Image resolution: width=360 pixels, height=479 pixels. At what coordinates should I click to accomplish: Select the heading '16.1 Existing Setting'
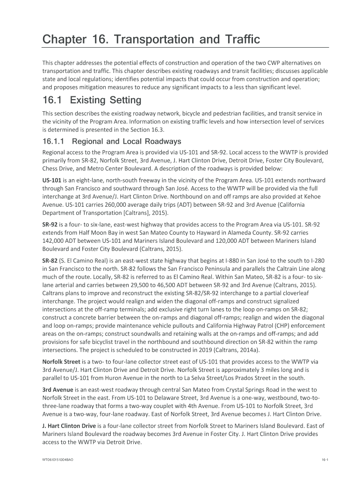pos(92,100)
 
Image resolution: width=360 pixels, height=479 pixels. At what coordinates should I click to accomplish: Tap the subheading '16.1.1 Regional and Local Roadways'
pos(112,141)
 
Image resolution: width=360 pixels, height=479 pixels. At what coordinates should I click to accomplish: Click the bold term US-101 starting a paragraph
pos(52,180)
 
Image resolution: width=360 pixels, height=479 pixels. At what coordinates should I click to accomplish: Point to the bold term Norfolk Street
pos(61,362)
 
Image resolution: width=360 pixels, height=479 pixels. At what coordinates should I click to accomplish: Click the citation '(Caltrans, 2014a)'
pos(235,349)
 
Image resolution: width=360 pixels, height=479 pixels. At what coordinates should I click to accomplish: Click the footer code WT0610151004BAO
pos(58,460)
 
